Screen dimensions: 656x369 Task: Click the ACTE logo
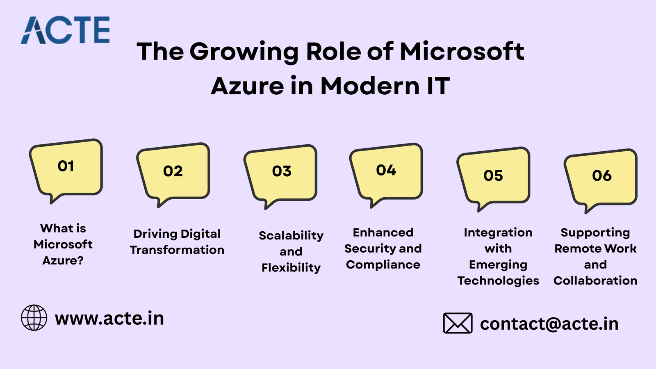(65, 30)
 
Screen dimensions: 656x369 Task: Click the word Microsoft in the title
(462, 52)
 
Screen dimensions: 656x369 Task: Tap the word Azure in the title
(247, 86)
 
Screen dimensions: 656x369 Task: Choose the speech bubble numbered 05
(494, 179)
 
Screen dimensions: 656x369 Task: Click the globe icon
(34, 318)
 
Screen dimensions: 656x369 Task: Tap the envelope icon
(458, 323)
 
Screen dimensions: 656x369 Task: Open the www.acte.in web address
(109, 318)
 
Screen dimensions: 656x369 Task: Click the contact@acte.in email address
(549, 324)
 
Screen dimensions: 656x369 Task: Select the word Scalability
(291, 236)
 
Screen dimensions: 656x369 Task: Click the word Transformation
(177, 250)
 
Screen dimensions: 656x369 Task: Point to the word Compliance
(383, 265)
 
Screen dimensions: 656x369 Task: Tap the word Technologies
(498, 281)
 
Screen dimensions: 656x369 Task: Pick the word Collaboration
(595, 280)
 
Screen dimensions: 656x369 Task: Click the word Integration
(498, 233)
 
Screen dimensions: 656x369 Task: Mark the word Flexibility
(291, 268)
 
